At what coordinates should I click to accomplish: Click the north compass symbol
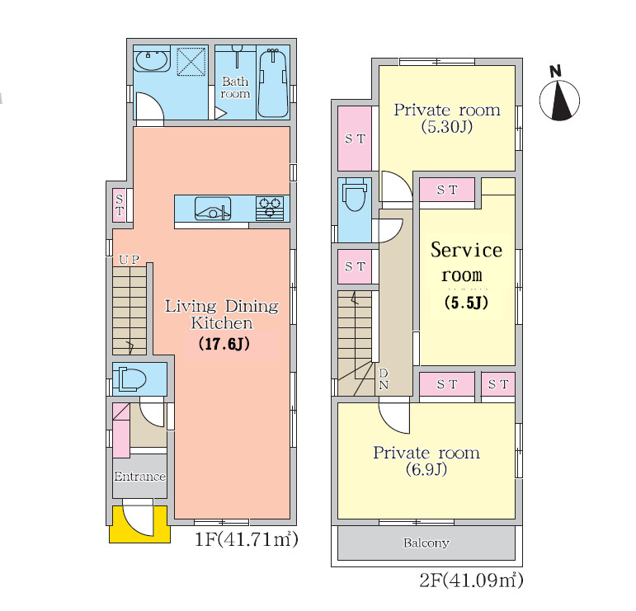pyautogui.click(x=559, y=96)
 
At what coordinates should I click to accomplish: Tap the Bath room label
pyautogui.click(x=235, y=87)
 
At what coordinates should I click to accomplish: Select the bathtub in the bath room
pyautogui.click(x=273, y=83)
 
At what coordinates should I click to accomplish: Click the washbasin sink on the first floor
pyautogui.click(x=151, y=61)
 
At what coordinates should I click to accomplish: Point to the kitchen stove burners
pyautogui.click(x=270, y=209)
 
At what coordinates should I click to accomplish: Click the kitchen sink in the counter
pyautogui.click(x=213, y=209)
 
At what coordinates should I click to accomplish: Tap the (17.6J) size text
pyautogui.click(x=224, y=344)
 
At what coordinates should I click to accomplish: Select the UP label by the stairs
pyautogui.click(x=130, y=260)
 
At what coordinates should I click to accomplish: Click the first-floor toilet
pyautogui.click(x=130, y=379)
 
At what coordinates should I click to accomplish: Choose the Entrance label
pyautogui.click(x=140, y=476)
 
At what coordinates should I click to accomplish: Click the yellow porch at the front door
pyautogui.click(x=139, y=524)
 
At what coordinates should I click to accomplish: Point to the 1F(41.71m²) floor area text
pyautogui.click(x=246, y=539)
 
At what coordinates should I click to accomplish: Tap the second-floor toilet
pyautogui.click(x=355, y=196)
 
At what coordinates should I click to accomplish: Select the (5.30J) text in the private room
pyautogui.click(x=447, y=127)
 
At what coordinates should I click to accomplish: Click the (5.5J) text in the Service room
pyautogui.click(x=466, y=303)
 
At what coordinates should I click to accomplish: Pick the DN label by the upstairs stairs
pyautogui.click(x=384, y=378)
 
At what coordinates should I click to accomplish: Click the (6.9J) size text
pyautogui.click(x=426, y=469)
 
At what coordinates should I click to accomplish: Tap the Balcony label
pyautogui.click(x=426, y=543)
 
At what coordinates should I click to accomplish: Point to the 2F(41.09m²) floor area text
pyautogui.click(x=471, y=580)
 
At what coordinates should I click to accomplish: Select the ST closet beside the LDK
pyautogui.click(x=120, y=205)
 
